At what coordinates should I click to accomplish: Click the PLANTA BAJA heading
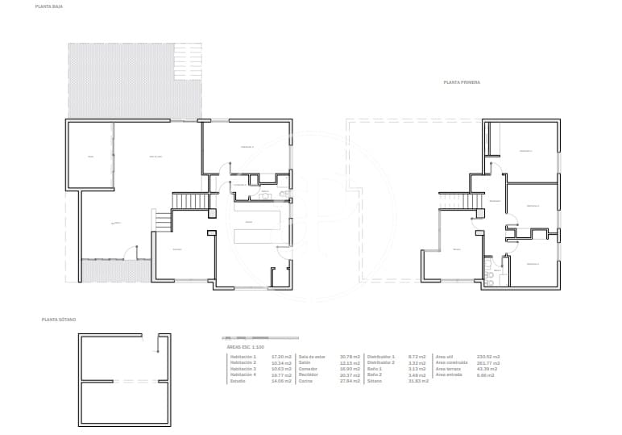(46, 6)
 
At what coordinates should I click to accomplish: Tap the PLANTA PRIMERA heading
(462, 82)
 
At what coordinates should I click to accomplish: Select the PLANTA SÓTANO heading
(59, 320)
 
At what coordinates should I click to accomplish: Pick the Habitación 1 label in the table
(243, 356)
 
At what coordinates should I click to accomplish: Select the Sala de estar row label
(312, 356)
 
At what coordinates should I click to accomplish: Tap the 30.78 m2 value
(348, 356)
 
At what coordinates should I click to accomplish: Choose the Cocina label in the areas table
(305, 380)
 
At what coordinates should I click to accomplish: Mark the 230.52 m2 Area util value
(488, 356)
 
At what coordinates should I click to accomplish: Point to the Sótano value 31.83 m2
(418, 380)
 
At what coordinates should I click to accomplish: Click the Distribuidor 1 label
(381, 356)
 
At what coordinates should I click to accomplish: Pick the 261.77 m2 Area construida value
(488, 362)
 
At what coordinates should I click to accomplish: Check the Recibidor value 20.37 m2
(348, 374)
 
